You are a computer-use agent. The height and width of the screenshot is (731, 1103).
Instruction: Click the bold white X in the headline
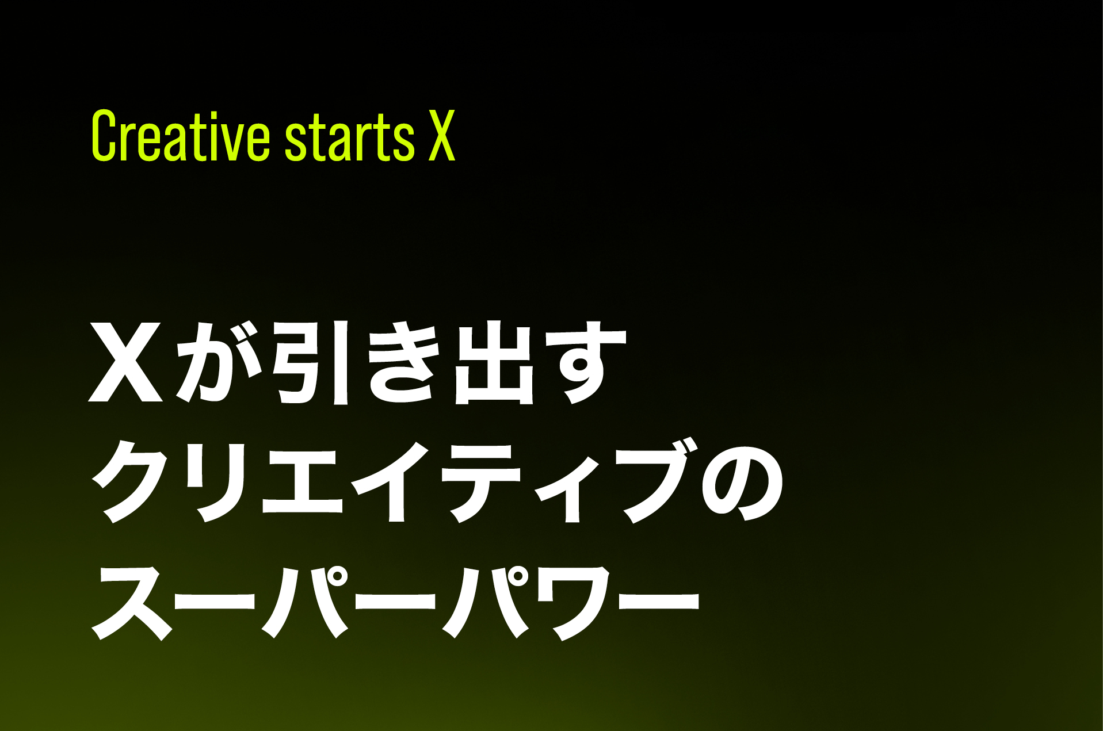126,362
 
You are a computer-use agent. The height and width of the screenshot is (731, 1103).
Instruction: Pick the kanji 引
311,362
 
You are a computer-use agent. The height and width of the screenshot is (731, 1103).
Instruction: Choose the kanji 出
493,363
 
